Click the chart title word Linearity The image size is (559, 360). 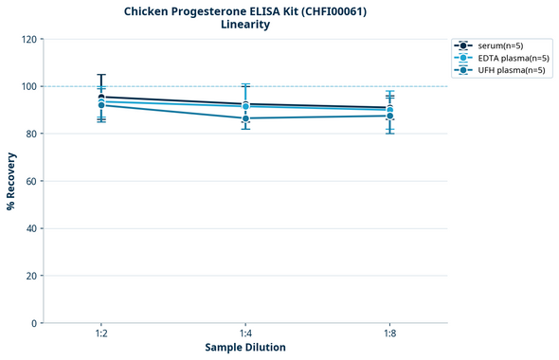coord(245,25)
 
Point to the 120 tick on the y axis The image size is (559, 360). coord(29,39)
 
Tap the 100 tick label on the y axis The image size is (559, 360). coord(29,86)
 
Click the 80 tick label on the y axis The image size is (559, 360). coord(32,134)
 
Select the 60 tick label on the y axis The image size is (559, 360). coord(32,181)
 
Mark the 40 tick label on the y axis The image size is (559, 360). coord(32,228)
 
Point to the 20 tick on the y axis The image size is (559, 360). coord(32,276)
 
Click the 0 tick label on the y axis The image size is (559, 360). coord(35,323)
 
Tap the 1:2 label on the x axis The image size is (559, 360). coord(101,334)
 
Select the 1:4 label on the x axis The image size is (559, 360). coord(245,334)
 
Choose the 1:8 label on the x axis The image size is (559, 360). coord(389,334)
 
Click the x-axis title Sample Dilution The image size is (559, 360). coord(245,348)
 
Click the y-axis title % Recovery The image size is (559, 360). coord(11,180)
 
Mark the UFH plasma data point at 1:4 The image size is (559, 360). coord(245,118)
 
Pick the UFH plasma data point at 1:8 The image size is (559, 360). coord(389,116)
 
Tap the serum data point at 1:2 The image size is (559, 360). coord(101,97)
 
